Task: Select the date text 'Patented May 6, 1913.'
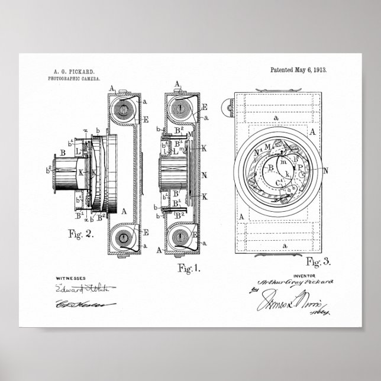(298, 70)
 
